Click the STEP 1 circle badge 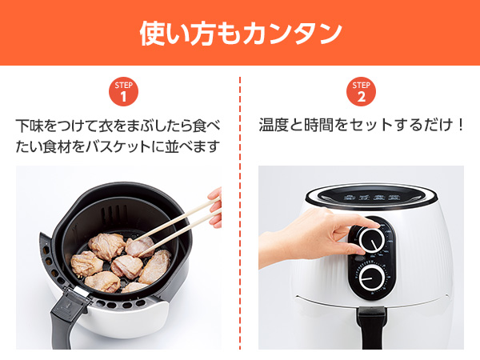123,91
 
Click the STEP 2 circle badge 362,91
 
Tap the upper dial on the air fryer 372,240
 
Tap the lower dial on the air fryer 372,278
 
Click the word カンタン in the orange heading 293,34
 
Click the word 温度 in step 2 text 274,125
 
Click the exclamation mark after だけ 460,125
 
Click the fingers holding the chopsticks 215,207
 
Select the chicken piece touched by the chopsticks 139,246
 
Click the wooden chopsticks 178,226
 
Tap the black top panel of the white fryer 371,196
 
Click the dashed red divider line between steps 240,213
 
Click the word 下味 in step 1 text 30,126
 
